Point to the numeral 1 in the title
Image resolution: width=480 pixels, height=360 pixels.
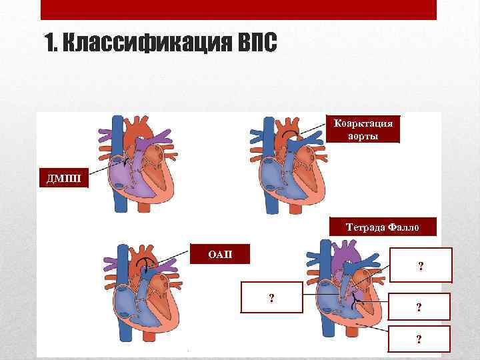pyautogui.click(x=52, y=44)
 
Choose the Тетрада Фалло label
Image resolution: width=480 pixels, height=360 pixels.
pyautogui.click(x=383, y=227)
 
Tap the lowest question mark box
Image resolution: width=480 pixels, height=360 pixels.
pyautogui.click(x=418, y=339)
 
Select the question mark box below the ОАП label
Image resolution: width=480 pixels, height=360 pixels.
pyautogui.click(x=271, y=297)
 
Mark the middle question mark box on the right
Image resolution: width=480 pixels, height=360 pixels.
pyautogui.click(x=418, y=307)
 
